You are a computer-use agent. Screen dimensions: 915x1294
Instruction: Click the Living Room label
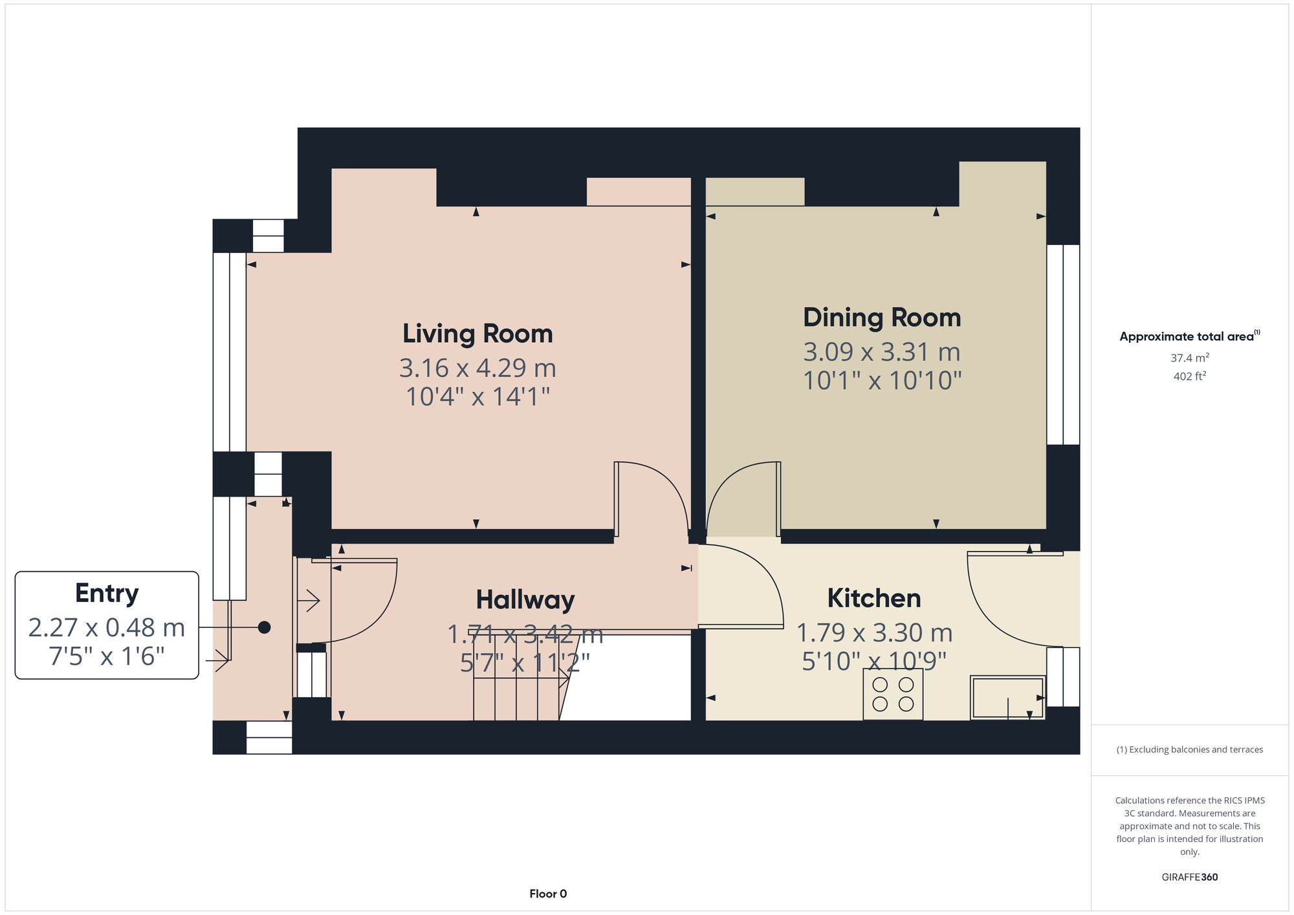[x=477, y=334]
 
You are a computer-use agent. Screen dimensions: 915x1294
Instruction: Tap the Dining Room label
[x=882, y=318]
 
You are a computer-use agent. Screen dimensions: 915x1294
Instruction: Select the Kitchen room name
[x=873, y=598]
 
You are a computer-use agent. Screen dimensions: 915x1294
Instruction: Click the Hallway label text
[x=525, y=599]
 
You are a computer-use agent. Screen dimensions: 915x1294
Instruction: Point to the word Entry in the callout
[x=107, y=593]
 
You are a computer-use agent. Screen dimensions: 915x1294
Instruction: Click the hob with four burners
[x=893, y=694]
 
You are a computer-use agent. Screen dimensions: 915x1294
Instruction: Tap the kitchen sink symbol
[x=1007, y=697]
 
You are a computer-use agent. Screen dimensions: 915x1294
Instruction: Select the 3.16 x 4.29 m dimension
[x=477, y=368]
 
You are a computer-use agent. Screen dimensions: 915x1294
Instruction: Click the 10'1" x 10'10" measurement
[x=882, y=380]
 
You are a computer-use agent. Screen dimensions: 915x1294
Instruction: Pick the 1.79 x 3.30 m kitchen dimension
[x=873, y=632]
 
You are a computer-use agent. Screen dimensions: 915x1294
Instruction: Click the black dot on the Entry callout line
[x=264, y=627]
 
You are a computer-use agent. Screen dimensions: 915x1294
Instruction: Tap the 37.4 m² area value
[x=1189, y=358]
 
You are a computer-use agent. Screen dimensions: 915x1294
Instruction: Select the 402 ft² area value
[x=1189, y=376]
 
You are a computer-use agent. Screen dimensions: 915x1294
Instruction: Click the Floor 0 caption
[x=547, y=894]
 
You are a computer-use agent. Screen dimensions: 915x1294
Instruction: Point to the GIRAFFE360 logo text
[x=1189, y=877]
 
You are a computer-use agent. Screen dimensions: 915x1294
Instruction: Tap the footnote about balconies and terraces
[x=1189, y=749]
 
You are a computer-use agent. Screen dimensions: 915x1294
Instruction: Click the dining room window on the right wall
[x=1063, y=344]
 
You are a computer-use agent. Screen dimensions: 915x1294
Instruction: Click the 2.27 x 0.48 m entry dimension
[x=107, y=627]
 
